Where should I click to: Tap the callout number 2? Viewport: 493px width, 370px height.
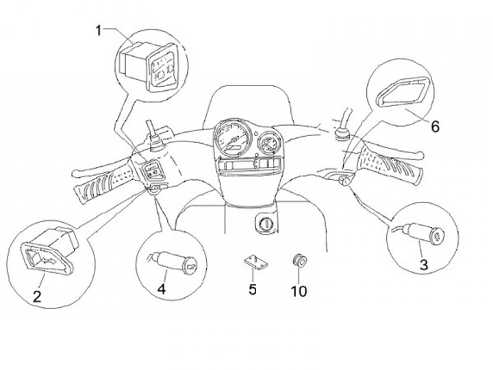pos(37,296)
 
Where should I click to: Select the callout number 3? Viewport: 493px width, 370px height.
pos(424,265)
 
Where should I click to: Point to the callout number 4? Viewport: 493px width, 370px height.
pos(162,289)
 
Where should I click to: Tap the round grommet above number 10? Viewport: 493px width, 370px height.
pos(299,261)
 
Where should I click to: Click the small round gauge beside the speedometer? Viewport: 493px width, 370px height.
pos(268,144)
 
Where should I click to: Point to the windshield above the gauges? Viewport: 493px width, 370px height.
pos(251,103)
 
